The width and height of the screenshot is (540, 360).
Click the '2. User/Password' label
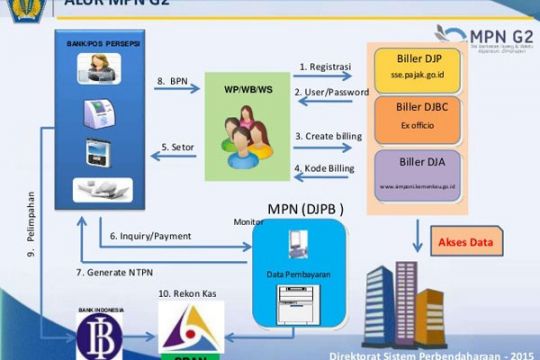pyautogui.click(x=329, y=94)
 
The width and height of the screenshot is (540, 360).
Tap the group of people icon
pyautogui.click(x=247, y=137)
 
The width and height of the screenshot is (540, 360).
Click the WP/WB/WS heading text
pyautogui.click(x=247, y=90)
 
